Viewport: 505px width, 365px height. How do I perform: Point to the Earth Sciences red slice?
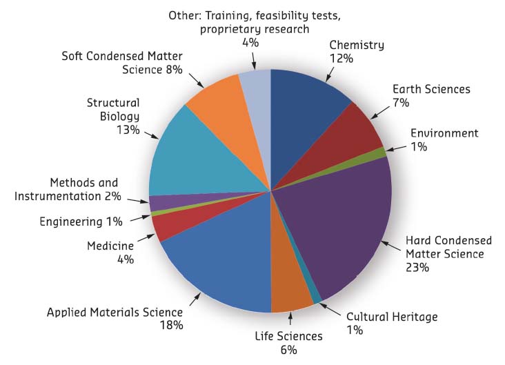[359, 138]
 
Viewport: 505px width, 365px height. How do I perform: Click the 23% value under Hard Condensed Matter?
[417, 268]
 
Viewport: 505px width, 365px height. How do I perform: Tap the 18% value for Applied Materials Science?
[170, 325]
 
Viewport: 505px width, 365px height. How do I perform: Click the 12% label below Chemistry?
[341, 59]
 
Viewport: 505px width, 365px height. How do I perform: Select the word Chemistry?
[357, 46]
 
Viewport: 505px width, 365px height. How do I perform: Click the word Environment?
[444, 132]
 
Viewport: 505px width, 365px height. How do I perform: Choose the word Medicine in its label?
[110, 246]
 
